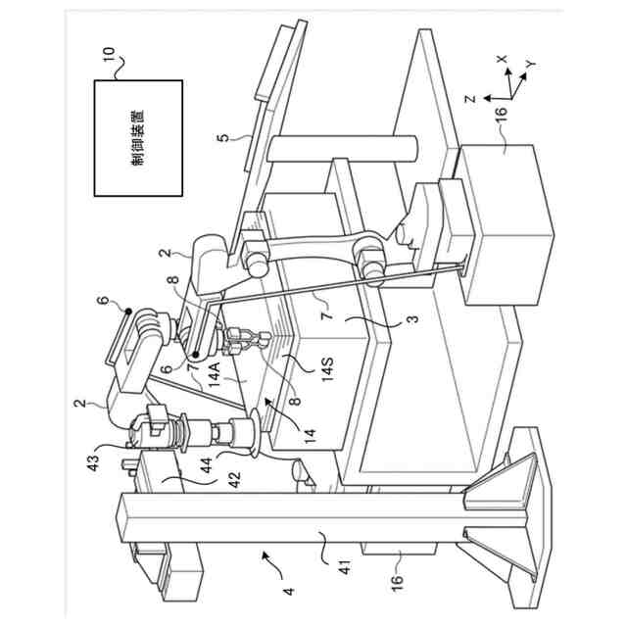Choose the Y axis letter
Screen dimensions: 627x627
(x=529, y=64)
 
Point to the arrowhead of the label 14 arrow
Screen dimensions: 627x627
(x=265, y=405)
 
